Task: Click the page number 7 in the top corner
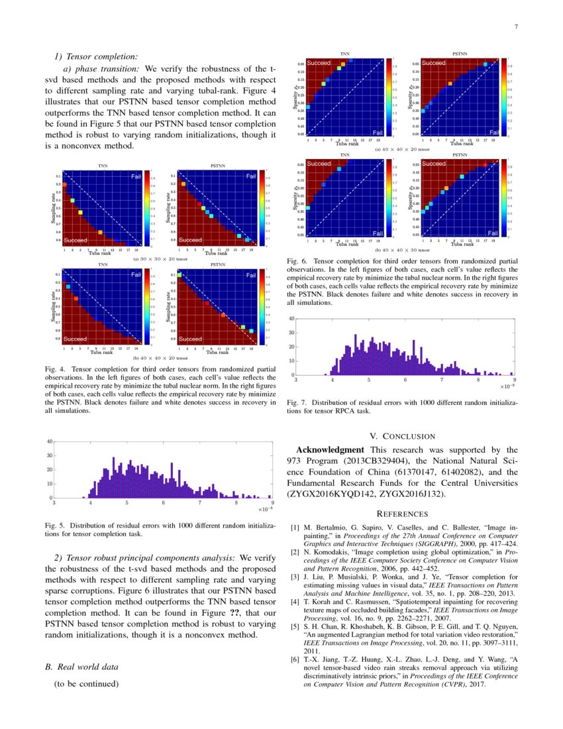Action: [515, 27]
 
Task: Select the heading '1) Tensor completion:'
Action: [96, 56]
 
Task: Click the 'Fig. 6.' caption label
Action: [299, 262]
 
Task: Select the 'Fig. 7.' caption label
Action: [299, 402]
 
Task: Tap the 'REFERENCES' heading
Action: [402, 514]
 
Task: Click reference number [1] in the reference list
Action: [295, 528]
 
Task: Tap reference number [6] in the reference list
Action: [295, 660]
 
